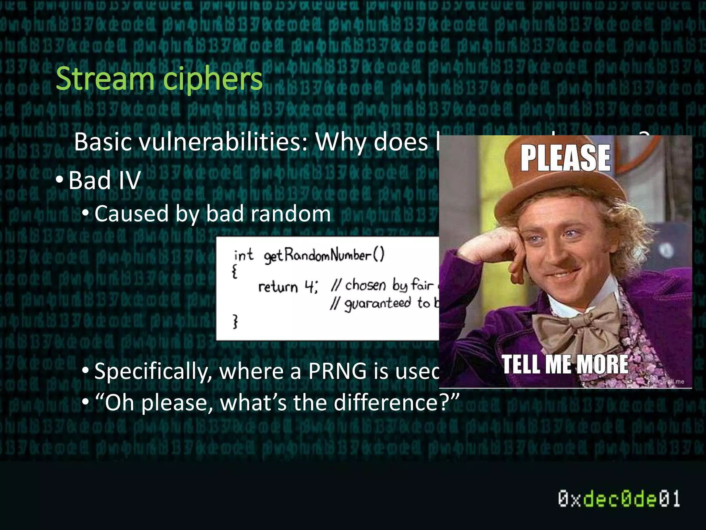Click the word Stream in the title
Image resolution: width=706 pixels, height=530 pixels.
click(x=104, y=79)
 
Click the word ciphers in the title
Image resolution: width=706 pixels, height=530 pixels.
click(x=213, y=79)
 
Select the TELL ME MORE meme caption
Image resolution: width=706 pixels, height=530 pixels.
click(x=565, y=364)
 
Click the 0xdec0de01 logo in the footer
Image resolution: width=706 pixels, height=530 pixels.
click(x=619, y=499)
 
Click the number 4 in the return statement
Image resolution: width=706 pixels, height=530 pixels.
click(x=309, y=286)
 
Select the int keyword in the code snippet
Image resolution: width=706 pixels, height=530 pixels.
click(x=243, y=256)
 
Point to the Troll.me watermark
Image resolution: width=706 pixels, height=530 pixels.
click(x=673, y=381)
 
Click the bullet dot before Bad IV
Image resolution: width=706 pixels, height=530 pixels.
click(x=59, y=180)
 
